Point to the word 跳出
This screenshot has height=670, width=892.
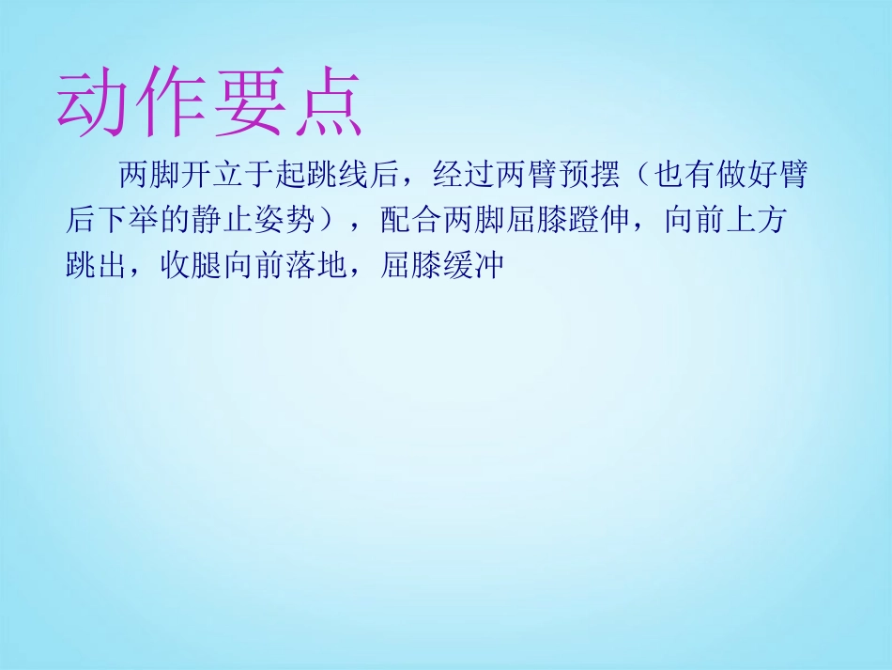tap(97, 266)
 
